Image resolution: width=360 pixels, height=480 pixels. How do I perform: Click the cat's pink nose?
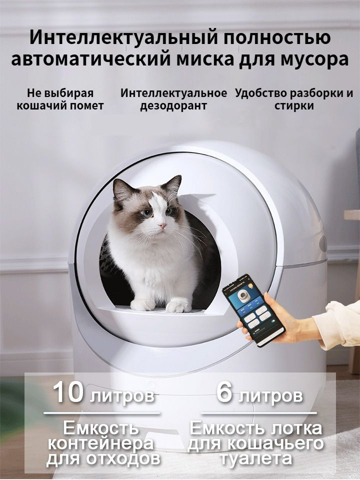(x=163, y=226)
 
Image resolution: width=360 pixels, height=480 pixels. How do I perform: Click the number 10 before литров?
(x=68, y=393)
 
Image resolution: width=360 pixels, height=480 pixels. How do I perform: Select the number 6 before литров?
(x=225, y=393)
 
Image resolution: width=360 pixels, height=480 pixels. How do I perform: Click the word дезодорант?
(x=173, y=106)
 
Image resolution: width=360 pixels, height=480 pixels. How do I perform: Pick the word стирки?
(x=294, y=106)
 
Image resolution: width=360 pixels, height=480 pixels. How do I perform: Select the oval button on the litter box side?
(x=322, y=244)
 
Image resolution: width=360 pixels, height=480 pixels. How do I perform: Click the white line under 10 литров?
(x=102, y=413)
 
